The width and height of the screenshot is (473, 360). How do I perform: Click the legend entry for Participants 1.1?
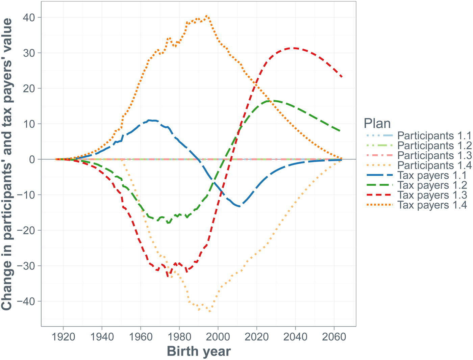[434, 136]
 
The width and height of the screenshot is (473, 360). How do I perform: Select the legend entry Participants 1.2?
[434, 146]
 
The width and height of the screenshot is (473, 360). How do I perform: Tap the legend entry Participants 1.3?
[434, 155]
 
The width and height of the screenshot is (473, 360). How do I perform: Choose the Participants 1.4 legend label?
[434, 165]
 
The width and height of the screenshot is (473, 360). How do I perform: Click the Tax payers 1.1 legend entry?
[432, 175]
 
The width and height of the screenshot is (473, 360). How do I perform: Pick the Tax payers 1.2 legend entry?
[432, 185]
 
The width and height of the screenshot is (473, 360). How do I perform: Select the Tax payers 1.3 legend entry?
[432, 195]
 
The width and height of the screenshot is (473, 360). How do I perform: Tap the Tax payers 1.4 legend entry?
[432, 205]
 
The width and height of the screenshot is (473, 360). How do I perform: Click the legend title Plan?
[377, 124]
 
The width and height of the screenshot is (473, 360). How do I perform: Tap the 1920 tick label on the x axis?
[64, 337]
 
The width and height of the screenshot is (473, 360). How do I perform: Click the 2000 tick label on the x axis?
[218, 337]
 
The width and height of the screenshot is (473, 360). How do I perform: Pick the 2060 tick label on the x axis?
[334, 337]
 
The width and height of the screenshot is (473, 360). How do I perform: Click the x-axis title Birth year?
[199, 352]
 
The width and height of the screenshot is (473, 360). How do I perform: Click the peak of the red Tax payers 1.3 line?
[295, 48]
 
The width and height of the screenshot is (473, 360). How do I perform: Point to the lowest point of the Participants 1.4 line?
[210, 311]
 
